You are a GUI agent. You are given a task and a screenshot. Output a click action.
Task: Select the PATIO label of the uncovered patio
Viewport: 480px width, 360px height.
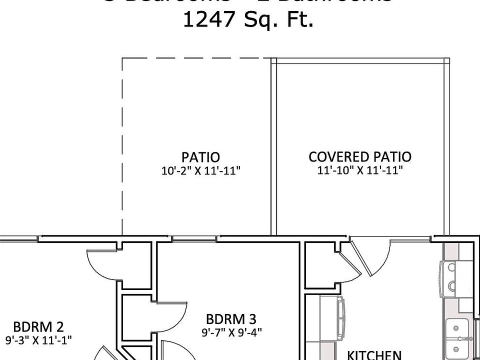(200, 158)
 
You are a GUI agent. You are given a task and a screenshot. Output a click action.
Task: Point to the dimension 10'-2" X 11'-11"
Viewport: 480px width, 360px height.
(201, 171)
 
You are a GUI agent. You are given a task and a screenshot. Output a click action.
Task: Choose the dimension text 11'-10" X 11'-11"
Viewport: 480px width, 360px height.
(360, 170)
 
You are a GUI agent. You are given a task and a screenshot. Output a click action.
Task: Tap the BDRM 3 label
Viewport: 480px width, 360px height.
(231, 319)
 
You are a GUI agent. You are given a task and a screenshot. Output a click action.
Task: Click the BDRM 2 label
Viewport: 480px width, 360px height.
(38, 327)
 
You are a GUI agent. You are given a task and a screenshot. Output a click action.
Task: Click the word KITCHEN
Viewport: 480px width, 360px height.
(374, 354)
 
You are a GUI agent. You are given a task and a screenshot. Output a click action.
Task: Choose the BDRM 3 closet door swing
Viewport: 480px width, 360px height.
(168, 317)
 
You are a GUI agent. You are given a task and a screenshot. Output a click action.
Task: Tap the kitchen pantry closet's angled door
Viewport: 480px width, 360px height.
(350, 260)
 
